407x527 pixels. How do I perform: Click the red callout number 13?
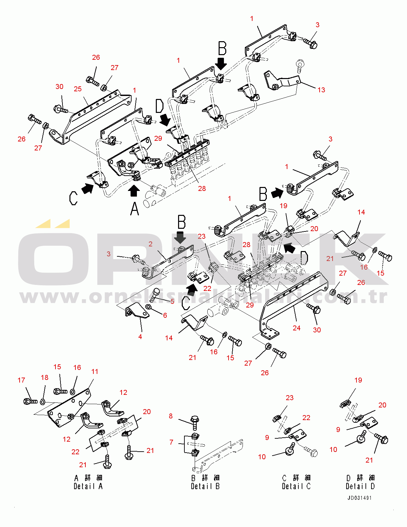[x=321, y=90]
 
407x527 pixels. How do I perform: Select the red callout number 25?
[x=78, y=89]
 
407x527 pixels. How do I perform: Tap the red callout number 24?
[x=296, y=328]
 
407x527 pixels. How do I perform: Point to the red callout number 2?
[x=151, y=244]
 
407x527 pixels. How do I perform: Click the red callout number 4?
[x=140, y=337]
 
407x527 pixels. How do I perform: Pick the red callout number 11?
[x=95, y=372]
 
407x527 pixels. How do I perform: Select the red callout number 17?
[x=21, y=380]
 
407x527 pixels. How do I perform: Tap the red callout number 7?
[x=171, y=442]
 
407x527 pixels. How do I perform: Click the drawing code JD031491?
[x=359, y=498]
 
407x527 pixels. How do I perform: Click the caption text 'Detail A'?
[x=88, y=486]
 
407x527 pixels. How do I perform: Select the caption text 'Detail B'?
[x=205, y=486]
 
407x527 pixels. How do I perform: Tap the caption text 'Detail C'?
[x=296, y=486]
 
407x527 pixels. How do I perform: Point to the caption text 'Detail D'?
[x=360, y=486]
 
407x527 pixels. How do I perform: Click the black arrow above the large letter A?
[x=134, y=191]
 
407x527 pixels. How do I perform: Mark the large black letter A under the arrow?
[x=135, y=209]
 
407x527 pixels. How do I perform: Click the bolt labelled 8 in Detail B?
[x=195, y=422]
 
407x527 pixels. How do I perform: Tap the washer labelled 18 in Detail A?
[x=43, y=402]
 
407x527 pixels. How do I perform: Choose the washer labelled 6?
[x=149, y=306]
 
